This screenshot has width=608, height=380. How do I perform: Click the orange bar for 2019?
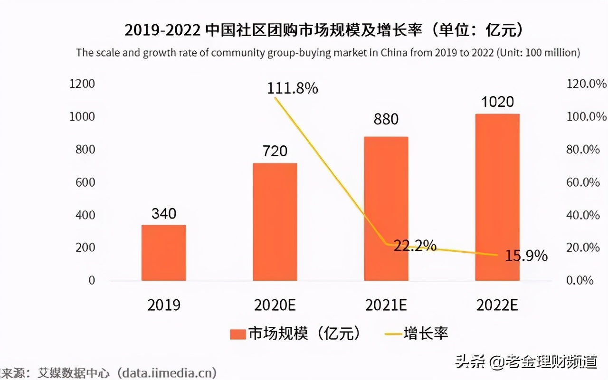163,253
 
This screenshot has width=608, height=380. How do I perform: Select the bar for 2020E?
275,222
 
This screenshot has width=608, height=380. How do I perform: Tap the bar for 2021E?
386,209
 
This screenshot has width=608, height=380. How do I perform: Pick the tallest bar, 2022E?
497,197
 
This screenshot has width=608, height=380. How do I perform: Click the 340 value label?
163,214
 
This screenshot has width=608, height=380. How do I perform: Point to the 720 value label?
275,151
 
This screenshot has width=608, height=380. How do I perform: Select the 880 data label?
386,119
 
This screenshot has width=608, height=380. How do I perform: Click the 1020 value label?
497,102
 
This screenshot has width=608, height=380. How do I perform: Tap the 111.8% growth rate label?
292,88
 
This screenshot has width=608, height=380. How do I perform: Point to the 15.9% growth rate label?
525,256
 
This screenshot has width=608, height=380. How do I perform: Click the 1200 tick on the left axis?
82,84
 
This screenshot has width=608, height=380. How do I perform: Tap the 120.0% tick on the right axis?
587,84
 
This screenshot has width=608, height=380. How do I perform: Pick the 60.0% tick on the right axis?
584,182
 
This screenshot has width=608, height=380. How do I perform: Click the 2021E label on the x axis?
386,305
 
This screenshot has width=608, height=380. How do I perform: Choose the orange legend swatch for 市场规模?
237,334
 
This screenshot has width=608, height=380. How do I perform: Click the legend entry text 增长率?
426,333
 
